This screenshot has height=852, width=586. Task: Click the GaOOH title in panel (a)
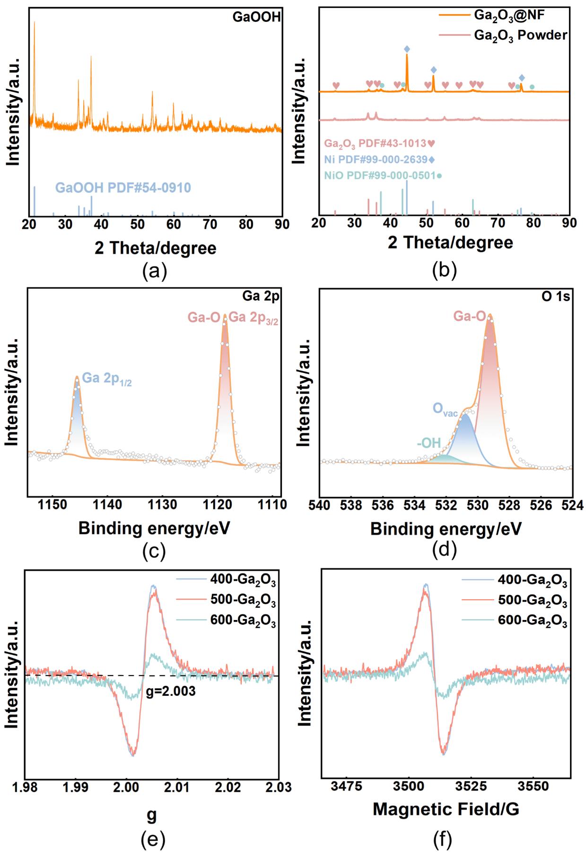coord(256,18)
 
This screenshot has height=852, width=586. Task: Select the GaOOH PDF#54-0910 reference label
coord(123,188)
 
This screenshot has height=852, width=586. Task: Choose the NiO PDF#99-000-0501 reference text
coord(380,176)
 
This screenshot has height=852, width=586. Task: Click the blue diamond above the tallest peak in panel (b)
coord(407,49)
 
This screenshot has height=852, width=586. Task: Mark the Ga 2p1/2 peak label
coord(107,379)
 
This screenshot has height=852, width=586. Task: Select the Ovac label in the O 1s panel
coord(445,410)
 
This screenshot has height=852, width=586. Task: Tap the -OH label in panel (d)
coord(429,443)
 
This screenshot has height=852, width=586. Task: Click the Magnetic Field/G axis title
coord(446,809)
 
